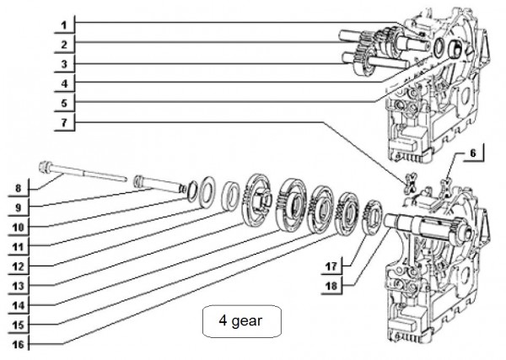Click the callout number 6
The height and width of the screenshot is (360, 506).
(x=472, y=153)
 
